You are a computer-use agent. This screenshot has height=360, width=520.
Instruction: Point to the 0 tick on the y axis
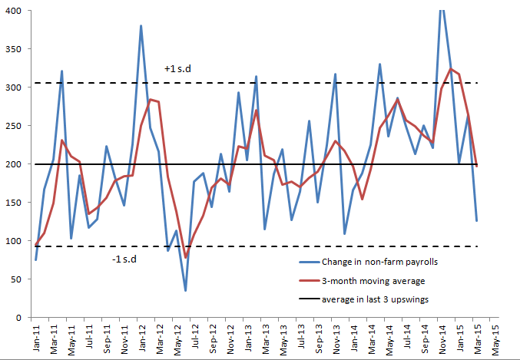[x=19, y=317]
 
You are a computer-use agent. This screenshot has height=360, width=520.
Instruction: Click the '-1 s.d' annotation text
[x=124, y=258]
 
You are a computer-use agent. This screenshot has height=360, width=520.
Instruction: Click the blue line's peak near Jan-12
[x=141, y=26]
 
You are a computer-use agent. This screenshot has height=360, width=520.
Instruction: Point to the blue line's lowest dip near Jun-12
[x=186, y=290]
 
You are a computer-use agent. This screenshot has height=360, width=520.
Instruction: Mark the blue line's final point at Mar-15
[x=476, y=221]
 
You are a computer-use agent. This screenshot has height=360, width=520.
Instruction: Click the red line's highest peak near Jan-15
[x=450, y=69]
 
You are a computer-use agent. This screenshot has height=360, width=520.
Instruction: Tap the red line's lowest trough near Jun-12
[x=186, y=257]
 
